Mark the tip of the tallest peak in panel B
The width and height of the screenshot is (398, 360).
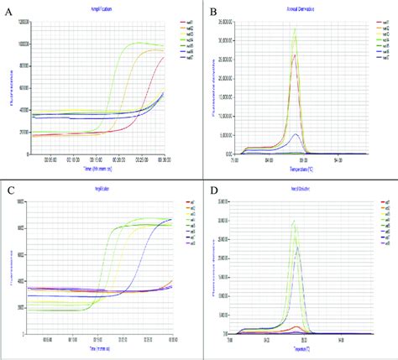[295, 29]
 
